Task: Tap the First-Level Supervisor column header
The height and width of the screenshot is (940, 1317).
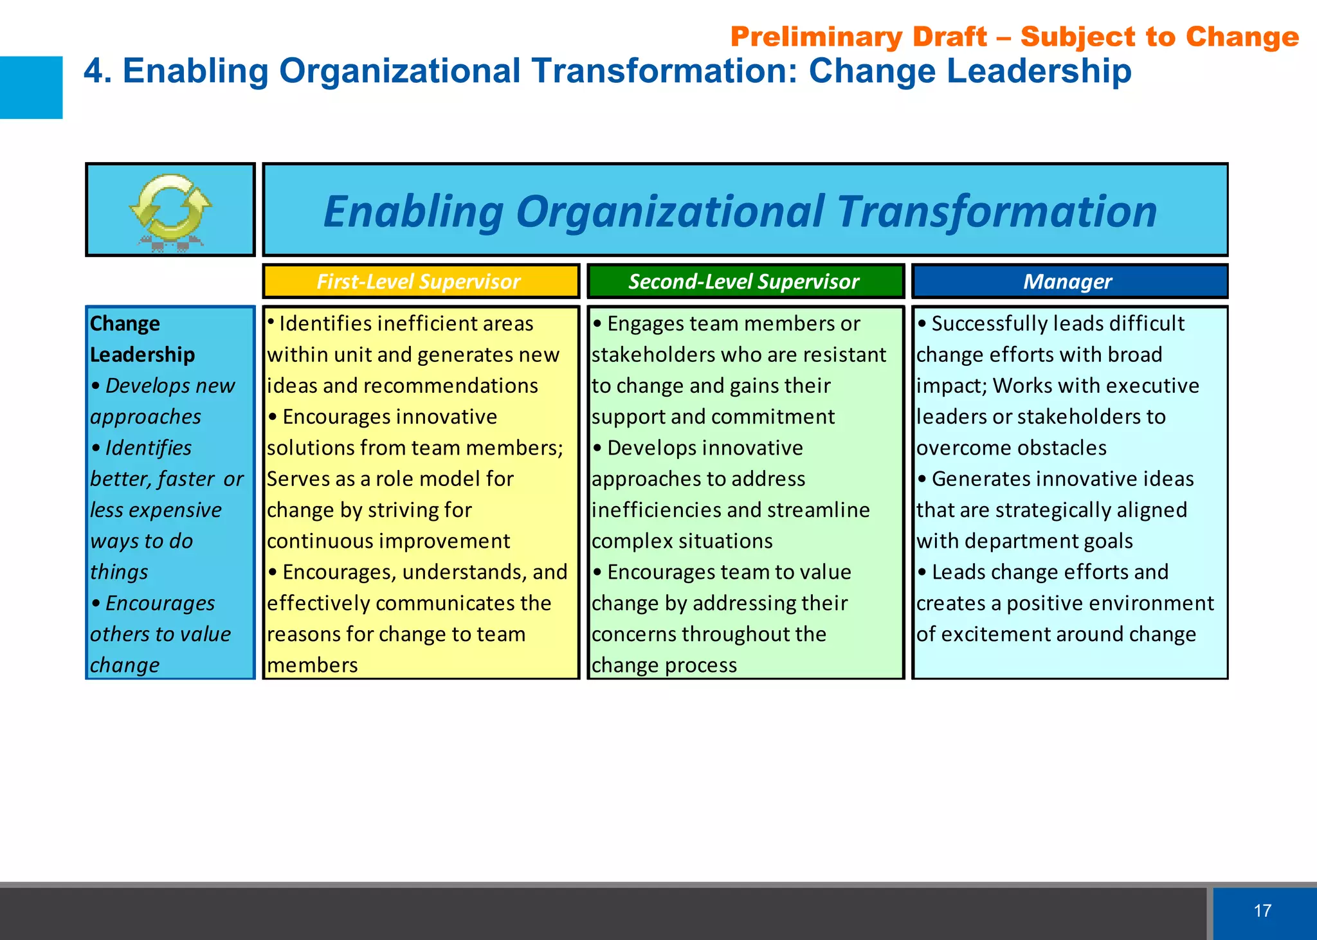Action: click(419, 282)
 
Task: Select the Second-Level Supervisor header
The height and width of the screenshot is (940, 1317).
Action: click(744, 282)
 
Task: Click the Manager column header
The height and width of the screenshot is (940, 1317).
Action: click(1067, 282)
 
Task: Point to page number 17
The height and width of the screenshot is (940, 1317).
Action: click(1262, 910)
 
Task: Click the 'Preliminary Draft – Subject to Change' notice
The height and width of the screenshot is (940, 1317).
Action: click(1014, 37)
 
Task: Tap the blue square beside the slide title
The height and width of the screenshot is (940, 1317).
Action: click(31, 87)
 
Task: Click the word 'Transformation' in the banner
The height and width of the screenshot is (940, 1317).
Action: click(997, 212)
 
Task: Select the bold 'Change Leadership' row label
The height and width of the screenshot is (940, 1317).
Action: click(142, 339)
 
